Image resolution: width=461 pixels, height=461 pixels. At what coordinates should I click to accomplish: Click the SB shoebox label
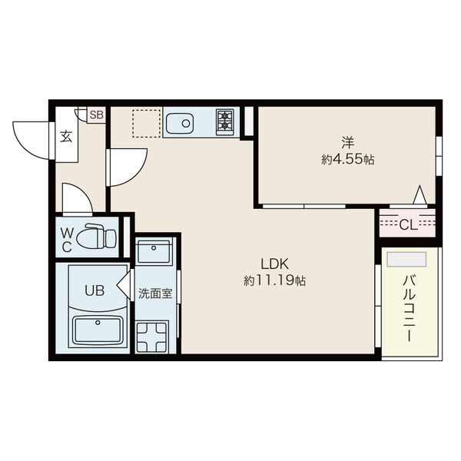[97, 115]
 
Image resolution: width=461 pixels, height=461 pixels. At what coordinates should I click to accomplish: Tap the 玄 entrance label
[66, 136]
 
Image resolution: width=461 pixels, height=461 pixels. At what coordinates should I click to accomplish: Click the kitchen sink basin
[179, 124]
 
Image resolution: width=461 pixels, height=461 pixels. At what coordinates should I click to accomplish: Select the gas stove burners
[225, 122]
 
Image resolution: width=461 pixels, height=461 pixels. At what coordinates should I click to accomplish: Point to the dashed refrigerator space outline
[147, 124]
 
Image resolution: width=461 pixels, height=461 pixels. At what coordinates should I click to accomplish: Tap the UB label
[95, 290]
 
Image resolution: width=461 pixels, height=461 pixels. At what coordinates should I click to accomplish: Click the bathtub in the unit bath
[98, 330]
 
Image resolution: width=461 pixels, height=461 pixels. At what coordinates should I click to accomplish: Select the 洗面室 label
[155, 294]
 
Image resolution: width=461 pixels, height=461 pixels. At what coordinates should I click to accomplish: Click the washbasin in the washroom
[154, 251]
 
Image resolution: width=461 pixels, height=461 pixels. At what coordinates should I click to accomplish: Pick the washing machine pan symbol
[152, 337]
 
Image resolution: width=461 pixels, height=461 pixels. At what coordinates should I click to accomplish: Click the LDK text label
[274, 264]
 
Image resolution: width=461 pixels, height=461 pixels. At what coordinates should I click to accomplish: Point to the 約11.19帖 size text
[274, 280]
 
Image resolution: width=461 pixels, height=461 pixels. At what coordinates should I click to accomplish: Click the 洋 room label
[348, 143]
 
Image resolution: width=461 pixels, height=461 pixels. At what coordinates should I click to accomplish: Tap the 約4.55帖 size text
[348, 160]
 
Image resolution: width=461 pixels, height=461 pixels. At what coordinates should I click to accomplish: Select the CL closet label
[409, 225]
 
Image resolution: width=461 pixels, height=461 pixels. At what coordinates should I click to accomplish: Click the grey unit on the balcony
[406, 260]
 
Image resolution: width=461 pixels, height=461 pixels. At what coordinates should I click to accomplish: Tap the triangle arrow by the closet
[420, 194]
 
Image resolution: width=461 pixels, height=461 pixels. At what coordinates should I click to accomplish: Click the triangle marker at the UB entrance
[124, 285]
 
